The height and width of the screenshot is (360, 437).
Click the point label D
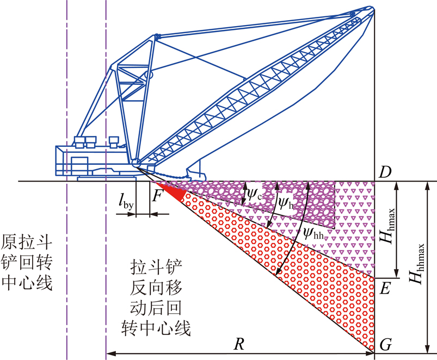(385, 172)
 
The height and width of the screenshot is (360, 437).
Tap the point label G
(386, 345)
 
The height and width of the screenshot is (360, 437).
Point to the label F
(157, 196)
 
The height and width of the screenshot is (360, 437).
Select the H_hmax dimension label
(389, 226)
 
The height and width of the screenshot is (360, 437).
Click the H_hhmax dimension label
(417, 263)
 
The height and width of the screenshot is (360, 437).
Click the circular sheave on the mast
(148, 75)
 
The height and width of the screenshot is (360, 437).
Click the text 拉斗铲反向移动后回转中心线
(156, 297)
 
